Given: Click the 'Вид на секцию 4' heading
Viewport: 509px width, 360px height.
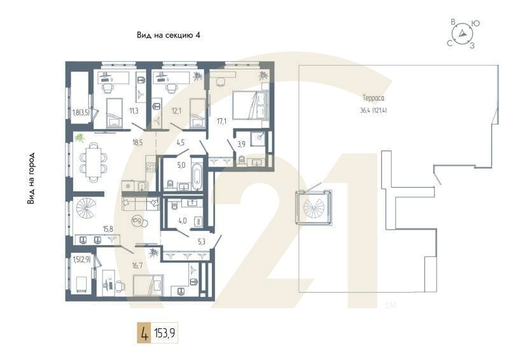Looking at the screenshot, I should coord(169,35).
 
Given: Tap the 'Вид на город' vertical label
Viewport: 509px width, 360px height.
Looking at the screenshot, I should coord(31,179).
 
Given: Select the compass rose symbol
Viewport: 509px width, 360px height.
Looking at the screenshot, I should coord(464,34).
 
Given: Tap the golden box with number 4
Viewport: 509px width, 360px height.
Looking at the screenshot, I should coord(144,333).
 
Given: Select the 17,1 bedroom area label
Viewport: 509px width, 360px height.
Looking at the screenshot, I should coord(221,120).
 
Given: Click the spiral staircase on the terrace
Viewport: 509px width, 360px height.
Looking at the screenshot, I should coord(314,207).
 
